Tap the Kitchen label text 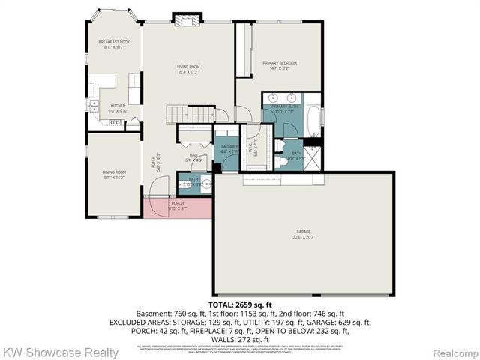tap(118, 106)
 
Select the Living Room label tap(187, 67)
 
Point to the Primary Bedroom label tap(279, 61)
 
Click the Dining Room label tap(114, 172)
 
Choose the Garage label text tap(303, 232)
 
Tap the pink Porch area tap(178, 207)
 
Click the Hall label tap(193, 155)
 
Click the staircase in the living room tap(184, 114)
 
